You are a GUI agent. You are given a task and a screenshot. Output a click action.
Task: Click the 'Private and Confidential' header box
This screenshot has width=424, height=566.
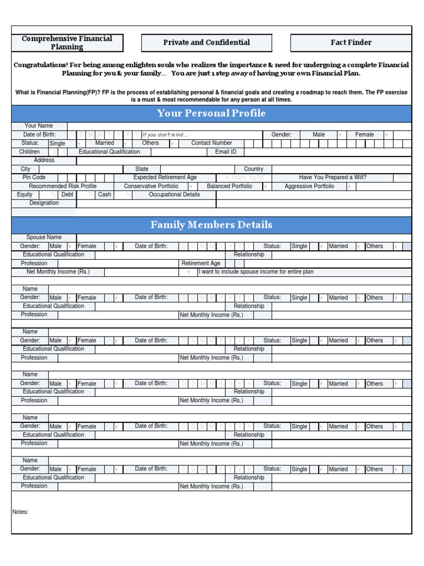tap(206, 43)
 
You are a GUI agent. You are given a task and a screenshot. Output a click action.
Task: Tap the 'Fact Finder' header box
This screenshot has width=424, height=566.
tap(351, 43)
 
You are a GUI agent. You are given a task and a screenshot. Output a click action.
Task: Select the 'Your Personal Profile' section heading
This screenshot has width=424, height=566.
tap(211, 113)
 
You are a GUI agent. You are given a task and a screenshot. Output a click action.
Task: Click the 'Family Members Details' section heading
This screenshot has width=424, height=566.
tap(211, 225)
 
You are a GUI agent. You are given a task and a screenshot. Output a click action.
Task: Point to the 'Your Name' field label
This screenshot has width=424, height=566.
tap(39, 126)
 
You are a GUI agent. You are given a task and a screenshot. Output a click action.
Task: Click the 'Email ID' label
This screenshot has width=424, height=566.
tap(226, 152)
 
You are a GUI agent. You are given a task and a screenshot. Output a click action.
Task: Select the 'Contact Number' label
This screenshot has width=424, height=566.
tap(211, 143)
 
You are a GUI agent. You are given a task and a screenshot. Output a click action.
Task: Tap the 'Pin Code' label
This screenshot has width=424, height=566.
tap(34, 177)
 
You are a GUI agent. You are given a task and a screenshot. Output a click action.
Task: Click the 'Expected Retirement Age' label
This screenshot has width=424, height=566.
tap(165, 177)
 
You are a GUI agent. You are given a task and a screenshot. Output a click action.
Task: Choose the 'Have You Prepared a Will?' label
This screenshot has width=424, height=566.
tap(332, 177)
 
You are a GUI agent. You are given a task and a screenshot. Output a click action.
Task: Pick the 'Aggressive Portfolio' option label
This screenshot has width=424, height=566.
tap(309, 186)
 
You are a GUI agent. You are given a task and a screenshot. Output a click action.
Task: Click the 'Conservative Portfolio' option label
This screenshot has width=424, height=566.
tap(151, 186)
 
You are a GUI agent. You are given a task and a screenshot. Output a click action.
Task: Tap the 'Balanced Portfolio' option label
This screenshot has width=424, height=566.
tap(229, 186)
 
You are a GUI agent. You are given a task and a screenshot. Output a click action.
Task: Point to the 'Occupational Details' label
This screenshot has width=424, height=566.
tap(174, 195)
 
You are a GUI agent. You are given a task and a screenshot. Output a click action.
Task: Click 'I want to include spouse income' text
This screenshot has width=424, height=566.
tap(256, 272)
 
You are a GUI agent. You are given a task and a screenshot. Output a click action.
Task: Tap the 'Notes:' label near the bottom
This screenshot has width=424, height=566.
tap(20, 512)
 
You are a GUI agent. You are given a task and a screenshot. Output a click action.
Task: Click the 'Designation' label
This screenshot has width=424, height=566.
tap(44, 203)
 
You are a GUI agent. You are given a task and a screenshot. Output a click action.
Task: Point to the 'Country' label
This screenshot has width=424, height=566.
tap(253, 169)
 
